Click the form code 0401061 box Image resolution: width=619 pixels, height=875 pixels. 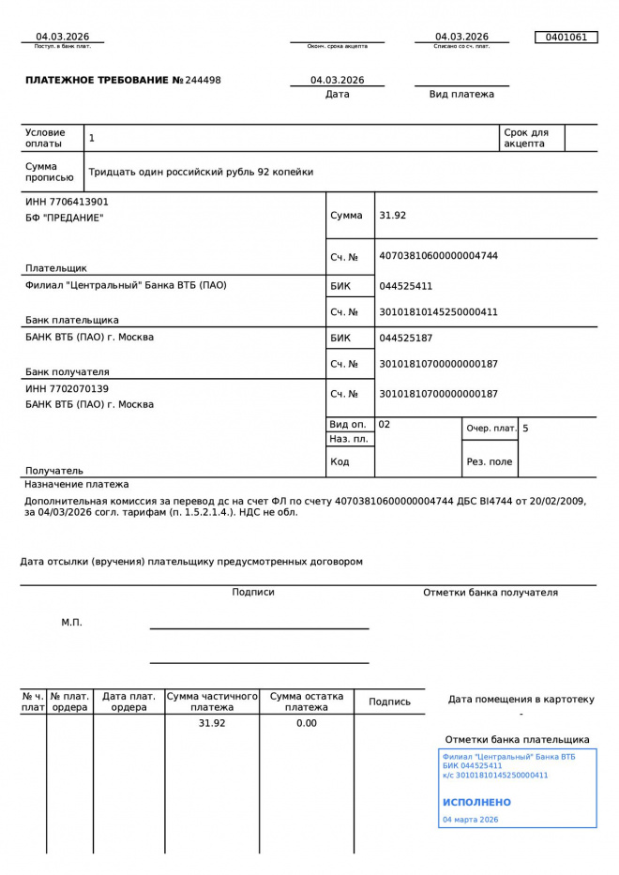coord(566,38)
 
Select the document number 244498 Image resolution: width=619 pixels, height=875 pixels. coord(203,81)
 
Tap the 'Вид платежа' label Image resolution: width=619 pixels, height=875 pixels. coord(461,94)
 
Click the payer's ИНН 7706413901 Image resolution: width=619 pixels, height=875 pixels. coord(67,202)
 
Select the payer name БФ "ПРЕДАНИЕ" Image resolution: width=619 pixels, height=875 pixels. coord(65,218)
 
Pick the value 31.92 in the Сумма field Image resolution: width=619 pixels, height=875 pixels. coord(392,216)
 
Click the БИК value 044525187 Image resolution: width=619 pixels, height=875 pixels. coord(405,338)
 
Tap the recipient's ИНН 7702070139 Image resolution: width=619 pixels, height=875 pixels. coord(67,388)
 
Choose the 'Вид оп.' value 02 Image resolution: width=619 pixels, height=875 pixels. coord(385,425)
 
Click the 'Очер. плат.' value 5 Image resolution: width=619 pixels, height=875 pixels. coord(525,429)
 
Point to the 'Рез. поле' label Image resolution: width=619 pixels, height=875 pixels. coord(490,461)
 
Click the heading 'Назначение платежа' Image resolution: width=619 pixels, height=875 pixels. coord(77,485)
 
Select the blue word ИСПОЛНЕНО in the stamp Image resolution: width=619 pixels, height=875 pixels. coord(476,803)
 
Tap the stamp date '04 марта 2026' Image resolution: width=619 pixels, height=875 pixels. coord(470,820)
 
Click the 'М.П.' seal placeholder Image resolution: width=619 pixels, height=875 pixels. coord(71,622)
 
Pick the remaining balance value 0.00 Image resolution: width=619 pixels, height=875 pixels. coord(307,723)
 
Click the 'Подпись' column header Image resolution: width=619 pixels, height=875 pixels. coord(389,702)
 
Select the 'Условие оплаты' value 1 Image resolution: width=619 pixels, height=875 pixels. coord(92,138)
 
